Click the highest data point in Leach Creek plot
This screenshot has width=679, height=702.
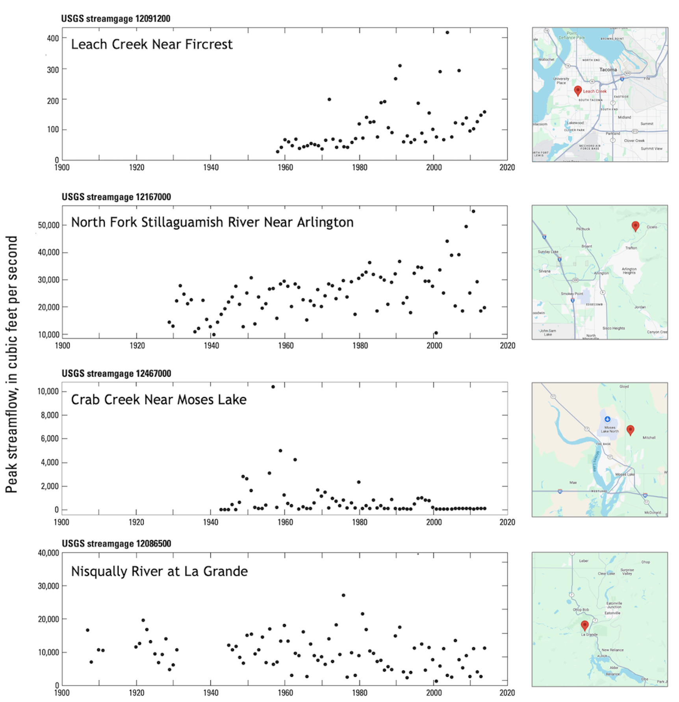point(447,32)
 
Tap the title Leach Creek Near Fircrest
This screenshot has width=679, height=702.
point(152,44)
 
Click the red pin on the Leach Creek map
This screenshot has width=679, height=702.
point(577,91)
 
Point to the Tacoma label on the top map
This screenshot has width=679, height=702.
point(608,70)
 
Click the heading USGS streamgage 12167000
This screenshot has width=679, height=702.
point(116,197)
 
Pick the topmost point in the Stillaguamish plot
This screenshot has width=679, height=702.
point(473,212)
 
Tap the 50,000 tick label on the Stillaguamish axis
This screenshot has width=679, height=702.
point(48,225)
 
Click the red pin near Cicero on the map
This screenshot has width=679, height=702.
point(635,226)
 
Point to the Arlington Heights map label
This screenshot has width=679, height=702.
point(629,271)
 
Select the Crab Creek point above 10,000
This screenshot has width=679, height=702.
point(273,387)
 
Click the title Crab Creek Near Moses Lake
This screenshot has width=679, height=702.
point(159,400)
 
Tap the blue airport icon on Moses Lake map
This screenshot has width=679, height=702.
point(607,419)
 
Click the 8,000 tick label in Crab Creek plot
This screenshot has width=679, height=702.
point(50,415)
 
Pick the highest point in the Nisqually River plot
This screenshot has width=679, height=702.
point(343,595)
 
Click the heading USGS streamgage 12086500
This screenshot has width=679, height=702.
point(116,544)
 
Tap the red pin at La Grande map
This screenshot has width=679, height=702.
point(584,625)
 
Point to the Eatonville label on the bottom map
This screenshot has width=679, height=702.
point(612,613)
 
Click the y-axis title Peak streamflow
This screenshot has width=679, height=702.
point(12,364)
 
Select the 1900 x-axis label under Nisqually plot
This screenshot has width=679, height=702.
point(61,693)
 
